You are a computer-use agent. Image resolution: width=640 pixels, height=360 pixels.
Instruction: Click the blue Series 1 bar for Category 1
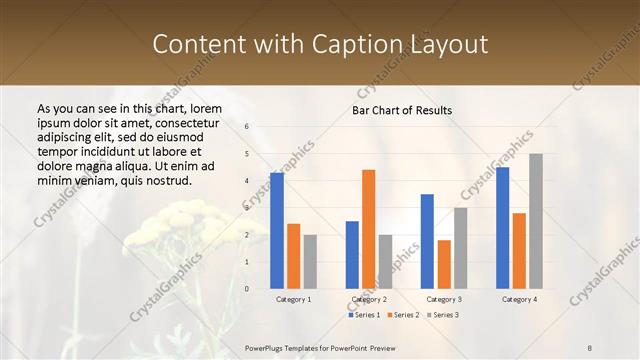276,230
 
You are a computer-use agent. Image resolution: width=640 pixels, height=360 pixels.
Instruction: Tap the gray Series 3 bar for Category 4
536,221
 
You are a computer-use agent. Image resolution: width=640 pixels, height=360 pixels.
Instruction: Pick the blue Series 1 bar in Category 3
427,241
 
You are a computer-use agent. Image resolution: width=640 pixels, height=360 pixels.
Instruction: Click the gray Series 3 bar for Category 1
310,261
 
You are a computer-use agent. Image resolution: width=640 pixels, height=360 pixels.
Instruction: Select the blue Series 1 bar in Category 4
502,227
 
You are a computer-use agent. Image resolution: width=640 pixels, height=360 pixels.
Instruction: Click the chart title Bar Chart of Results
402,110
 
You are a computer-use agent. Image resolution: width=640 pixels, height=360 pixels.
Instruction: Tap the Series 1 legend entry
363,315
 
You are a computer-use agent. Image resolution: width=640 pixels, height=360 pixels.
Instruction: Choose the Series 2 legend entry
402,315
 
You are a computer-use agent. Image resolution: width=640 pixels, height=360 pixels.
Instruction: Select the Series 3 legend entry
442,315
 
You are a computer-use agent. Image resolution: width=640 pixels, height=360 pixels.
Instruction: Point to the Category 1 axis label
293,299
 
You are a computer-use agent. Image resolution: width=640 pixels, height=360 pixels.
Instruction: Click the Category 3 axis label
444,299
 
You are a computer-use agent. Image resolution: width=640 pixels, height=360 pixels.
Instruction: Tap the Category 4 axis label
519,299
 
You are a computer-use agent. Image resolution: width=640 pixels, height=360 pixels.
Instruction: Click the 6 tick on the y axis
246,126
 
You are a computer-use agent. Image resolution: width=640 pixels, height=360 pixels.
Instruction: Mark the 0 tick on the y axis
246,288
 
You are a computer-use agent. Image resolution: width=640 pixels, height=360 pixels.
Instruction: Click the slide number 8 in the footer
590,347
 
